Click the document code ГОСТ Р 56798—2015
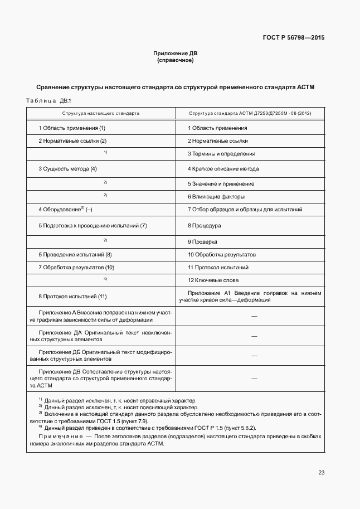[x=293, y=38]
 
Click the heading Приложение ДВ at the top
[x=176, y=54]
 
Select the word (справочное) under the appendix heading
[x=176, y=60]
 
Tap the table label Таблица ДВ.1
[x=46, y=101]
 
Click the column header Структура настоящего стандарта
[x=101, y=113]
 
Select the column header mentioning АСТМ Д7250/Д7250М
[x=250, y=113]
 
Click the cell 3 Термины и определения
[x=221, y=154]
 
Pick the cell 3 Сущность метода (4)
[x=67, y=169]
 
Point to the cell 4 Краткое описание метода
[x=223, y=169]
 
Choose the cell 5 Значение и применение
[x=221, y=183]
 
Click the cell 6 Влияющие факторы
[x=216, y=197]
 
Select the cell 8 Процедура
[x=205, y=226]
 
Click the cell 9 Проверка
[x=202, y=242]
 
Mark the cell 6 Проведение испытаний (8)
[x=75, y=255]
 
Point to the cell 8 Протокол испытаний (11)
[x=72, y=296]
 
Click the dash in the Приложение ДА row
[x=254, y=336]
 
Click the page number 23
[x=321, y=473]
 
